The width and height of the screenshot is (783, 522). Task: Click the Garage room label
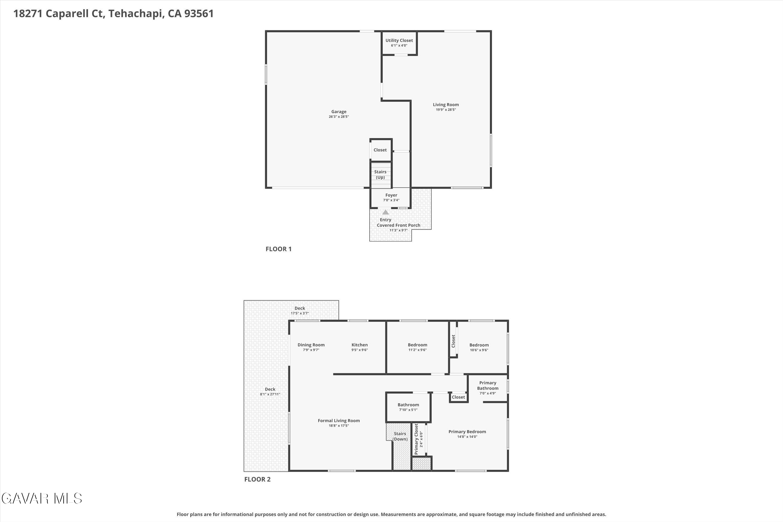pyautogui.click(x=339, y=112)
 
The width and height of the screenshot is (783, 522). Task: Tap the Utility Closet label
pyautogui.click(x=399, y=41)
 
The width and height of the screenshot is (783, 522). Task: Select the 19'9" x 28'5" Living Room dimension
pyautogui.click(x=445, y=110)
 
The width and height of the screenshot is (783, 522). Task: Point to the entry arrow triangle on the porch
pyautogui.click(x=385, y=212)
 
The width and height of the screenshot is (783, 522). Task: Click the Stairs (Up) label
pyautogui.click(x=380, y=174)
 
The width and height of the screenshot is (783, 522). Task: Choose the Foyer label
pyautogui.click(x=391, y=195)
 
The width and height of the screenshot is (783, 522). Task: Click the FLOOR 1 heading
pyautogui.click(x=278, y=249)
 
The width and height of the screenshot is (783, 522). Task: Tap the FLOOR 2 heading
pyautogui.click(x=257, y=479)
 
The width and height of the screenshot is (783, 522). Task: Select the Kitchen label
pyautogui.click(x=360, y=345)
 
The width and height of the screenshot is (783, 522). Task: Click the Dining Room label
pyautogui.click(x=311, y=345)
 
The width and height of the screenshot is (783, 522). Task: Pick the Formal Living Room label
pyautogui.click(x=339, y=421)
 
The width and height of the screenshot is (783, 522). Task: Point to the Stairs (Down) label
pyautogui.click(x=400, y=436)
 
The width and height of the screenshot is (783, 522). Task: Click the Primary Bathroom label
pyautogui.click(x=487, y=385)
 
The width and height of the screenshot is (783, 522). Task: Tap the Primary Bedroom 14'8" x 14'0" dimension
pyautogui.click(x=467, y=437)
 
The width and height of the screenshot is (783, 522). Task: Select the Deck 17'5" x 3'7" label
pyautogui.click(x=300, y=308)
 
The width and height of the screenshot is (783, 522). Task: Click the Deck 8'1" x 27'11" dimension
pyautogui.click(x=270, y=394)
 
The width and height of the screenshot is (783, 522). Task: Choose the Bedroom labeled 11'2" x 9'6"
pyautogui.click(x=417, y=345)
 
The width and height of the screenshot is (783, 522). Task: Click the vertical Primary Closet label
pyautogui.click(x=416, y=439)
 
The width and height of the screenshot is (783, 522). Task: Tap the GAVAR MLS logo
pyautogui.click(x=42, y=499)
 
